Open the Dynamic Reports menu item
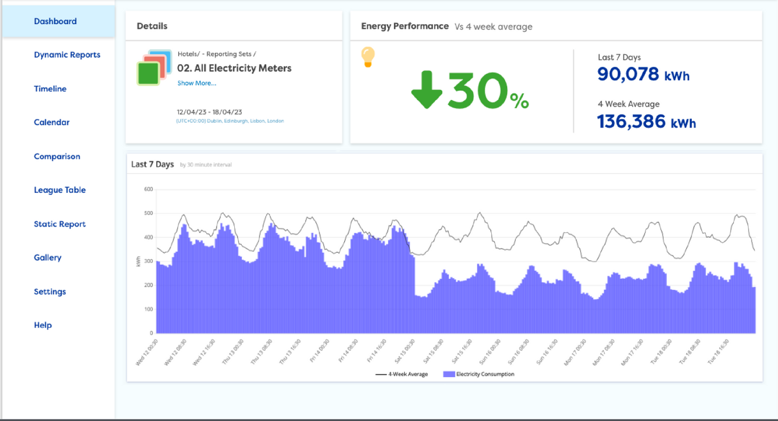point(67,55)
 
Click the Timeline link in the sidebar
point(50,89)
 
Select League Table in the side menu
point(60,190)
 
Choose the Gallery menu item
point(48,258)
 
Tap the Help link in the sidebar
point(43,325)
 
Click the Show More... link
point(197,84)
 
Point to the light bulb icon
point(368,57)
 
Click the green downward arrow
point(426,89)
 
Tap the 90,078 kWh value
point(643,74)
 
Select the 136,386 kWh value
point(646,122)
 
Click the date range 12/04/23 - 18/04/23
point(210,112)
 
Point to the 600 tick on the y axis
point(149,189)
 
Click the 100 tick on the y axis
point(149,309)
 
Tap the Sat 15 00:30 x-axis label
point(405,351)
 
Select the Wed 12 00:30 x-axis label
point(147,352)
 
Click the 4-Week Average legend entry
point(402,374)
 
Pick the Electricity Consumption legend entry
point(479,374)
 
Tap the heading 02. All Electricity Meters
point(234,69)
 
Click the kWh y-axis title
point(138,261)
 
